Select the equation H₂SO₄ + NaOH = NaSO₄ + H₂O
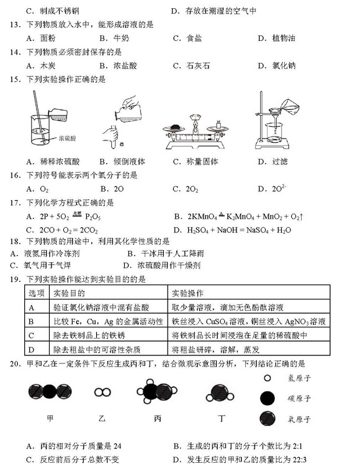click(239, 230)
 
